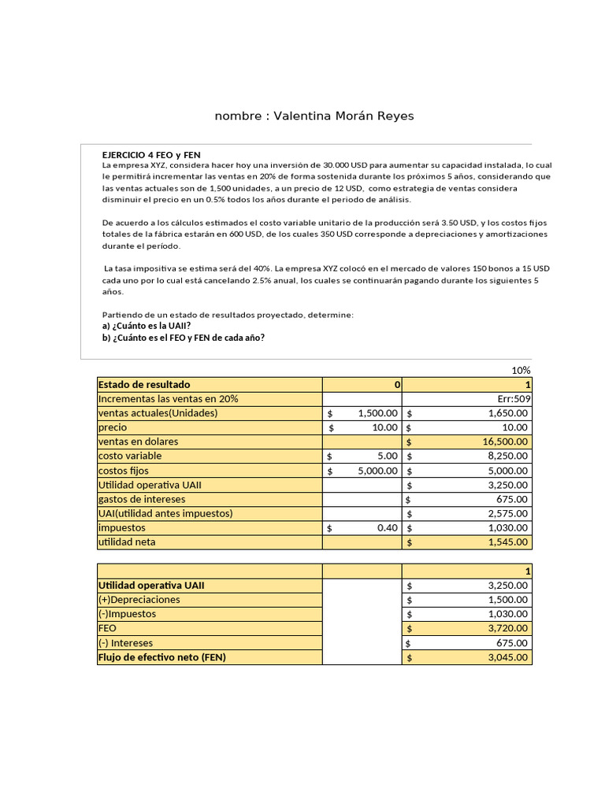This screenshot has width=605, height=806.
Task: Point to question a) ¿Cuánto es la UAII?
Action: coord(147,326)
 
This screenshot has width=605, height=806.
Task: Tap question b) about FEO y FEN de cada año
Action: coord(184,338)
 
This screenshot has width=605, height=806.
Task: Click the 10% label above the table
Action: coord(521,371)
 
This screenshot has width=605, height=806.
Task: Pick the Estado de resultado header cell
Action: coord(144,385)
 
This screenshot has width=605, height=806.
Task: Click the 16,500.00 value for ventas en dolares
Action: coord(499,442)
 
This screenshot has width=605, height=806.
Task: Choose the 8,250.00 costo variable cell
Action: coord(503,456)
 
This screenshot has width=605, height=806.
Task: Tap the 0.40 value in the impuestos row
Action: coord(387,528)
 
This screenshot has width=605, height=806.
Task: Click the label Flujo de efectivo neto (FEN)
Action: coord(161,656)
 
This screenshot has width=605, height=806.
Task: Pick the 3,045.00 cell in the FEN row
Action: coord(503,657)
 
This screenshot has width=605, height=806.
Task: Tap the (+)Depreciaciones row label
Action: coord(139,599)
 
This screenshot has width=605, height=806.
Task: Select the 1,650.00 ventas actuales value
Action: coord(503,413)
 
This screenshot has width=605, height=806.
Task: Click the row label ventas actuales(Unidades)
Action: coord(158,413)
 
